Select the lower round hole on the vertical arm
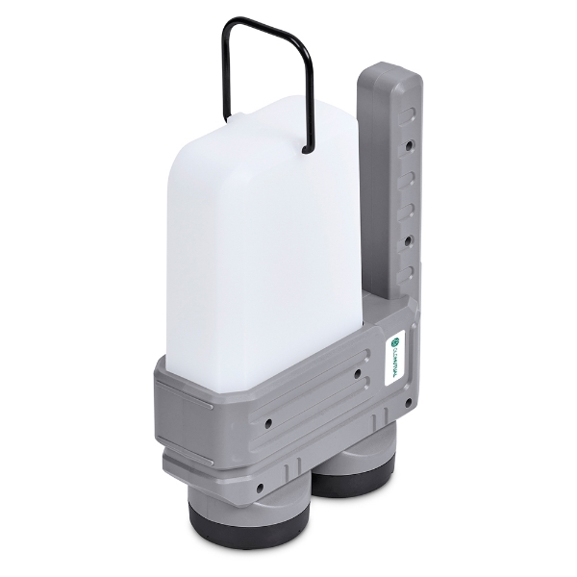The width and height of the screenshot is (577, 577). (410, 238)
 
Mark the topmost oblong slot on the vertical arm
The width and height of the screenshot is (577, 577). (411, 114)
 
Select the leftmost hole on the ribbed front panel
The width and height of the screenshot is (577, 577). (267, 422)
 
